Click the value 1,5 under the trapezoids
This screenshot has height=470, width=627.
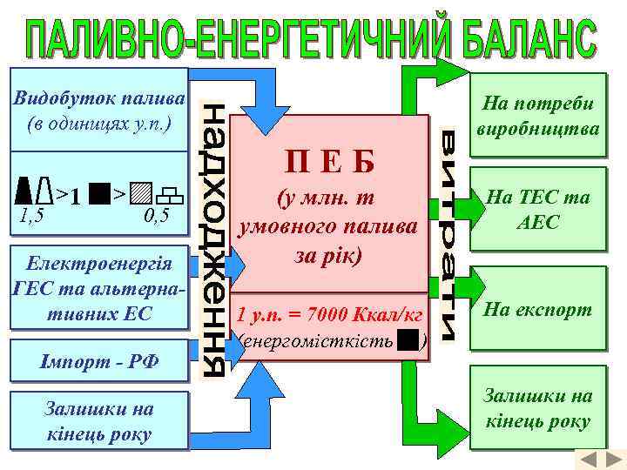[31, 211]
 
